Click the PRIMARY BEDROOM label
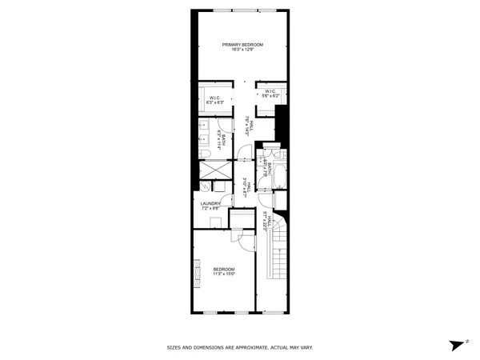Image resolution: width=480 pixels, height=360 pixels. click(x=242, y=44)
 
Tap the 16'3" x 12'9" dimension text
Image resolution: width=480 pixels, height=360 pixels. click(x=242, y=50)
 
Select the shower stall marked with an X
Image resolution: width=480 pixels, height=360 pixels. click(x=212, y=170)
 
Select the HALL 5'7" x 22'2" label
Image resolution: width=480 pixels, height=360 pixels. click(x=266, y=220)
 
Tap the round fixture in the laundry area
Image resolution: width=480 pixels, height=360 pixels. click(x=206, y=187)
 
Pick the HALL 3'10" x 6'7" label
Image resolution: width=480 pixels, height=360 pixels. click(x=250, y=186)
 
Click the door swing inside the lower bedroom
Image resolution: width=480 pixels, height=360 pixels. click(x=238, y=238)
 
